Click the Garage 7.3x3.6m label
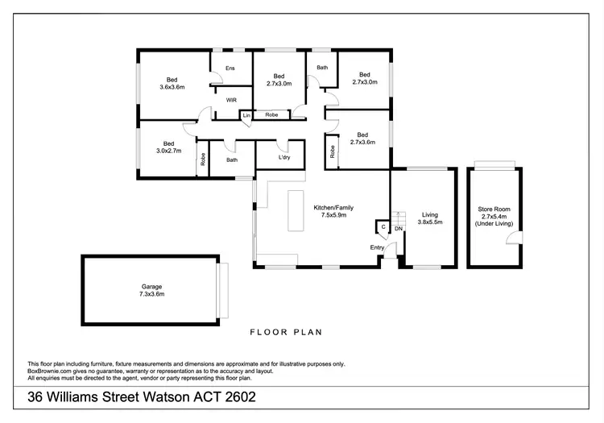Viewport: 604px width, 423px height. [x=152, y=290]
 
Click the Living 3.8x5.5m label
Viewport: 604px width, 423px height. [x=429, y=218]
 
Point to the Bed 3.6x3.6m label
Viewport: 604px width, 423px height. [x=172, y=83]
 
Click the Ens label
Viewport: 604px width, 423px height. [x=230, y=68]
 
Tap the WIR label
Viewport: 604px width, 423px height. [x=231, y=100]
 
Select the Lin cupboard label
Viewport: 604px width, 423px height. [x=246, y=116]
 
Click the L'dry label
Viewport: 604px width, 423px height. [x=283, y=157]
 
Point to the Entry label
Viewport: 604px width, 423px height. [x=377, y=247]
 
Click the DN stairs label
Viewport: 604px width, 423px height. [x=398, y=229]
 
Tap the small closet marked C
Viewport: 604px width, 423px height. [x=383, y=228]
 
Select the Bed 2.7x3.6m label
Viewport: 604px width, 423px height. [x=362, y=139]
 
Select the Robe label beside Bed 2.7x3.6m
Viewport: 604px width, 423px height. [x=332, y=151]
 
